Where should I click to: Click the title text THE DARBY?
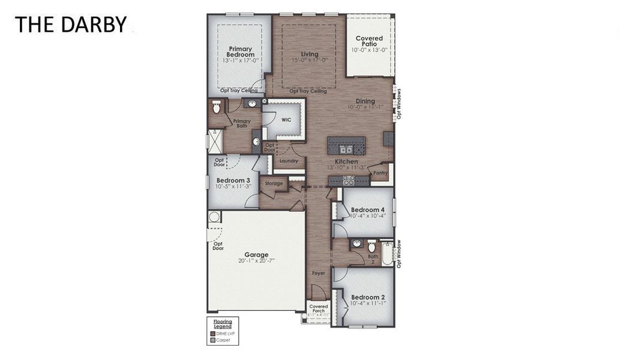click(71, 25)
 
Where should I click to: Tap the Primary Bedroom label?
click(241, 52)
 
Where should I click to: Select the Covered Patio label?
click(369, 41)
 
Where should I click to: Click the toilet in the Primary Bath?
click(216, 107)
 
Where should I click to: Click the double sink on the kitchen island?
click(346, 149)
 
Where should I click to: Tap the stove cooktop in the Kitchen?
click(347, 180)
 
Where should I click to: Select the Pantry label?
click(380, 173)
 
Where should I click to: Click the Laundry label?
click(289, 161)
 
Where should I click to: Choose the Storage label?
click(274, 184)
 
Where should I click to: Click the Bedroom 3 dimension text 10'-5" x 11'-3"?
click(233, 187)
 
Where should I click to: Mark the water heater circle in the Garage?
click(214, 217)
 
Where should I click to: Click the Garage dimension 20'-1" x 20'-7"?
click(256, 261)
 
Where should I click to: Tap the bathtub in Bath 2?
click(388, 253)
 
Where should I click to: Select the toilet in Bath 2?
click(371, 247)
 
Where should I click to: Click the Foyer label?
click(318, 273)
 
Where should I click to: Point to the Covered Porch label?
click(319, 308)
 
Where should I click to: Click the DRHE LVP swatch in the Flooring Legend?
click(213, 334)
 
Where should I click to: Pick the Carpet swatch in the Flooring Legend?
click(213, 340)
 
